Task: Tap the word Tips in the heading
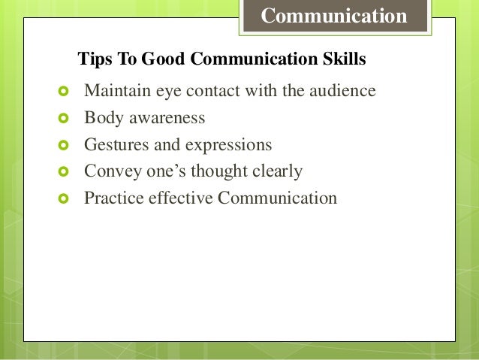(x=92, y=58)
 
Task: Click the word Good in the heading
(x=150, y=58)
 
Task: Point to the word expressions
(x=229, y=145)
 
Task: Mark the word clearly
(x=278, y=171)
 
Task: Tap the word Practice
(x=113, y=198)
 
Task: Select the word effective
(x=177, y=198)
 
